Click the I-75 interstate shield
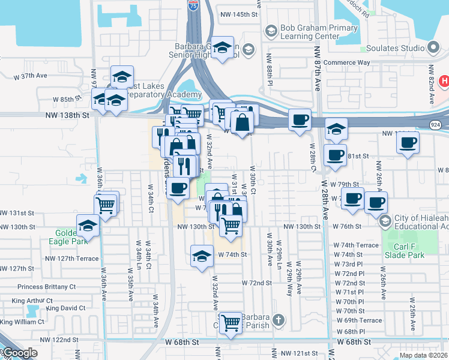192,5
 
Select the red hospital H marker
444,80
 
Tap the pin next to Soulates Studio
433,48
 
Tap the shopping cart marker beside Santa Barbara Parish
231,323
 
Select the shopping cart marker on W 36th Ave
106,205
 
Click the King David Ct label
65,308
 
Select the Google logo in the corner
19,353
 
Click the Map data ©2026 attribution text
423,355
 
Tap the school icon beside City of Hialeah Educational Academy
384,221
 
